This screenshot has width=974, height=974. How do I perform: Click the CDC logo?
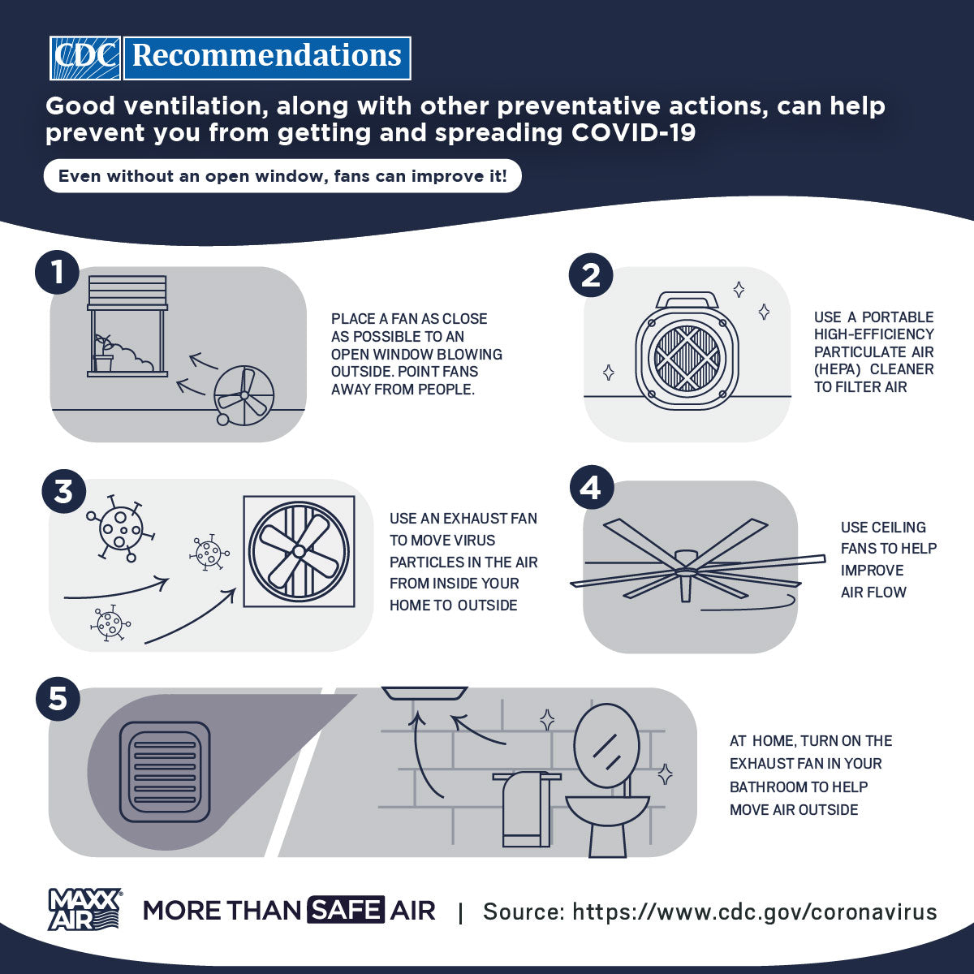85,58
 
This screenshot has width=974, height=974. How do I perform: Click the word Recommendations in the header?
267,58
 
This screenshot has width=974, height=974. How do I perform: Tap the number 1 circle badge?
57,272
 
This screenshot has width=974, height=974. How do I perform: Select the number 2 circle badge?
591,275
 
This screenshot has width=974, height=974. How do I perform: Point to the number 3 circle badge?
63,492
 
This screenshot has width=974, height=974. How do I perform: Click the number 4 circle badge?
591,488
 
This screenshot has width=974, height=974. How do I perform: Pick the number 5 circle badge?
58,698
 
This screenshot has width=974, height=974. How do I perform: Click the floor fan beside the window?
243,394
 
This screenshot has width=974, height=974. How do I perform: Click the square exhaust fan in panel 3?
299,551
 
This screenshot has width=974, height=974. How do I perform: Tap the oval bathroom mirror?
606,745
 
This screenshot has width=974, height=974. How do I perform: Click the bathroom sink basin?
607,809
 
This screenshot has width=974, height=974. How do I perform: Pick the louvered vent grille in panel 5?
165,771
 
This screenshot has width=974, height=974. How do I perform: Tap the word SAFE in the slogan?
346,911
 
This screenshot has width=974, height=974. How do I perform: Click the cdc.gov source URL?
754,912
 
